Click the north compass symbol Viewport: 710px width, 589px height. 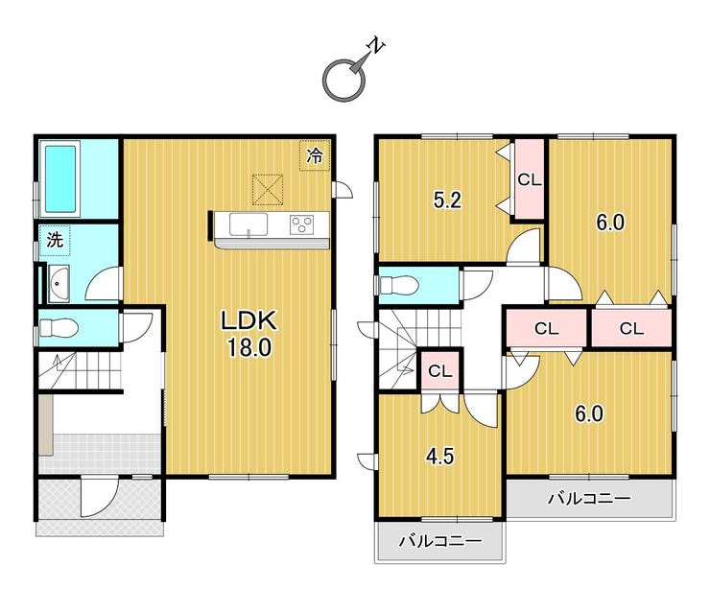coord(344,80)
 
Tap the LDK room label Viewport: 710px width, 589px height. coord(248,320)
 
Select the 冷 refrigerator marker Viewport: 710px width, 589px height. coord(315,155)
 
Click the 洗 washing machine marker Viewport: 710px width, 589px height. coord(55,240)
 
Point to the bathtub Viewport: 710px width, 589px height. coord(60,178)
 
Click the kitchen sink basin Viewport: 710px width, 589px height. coord(248,224)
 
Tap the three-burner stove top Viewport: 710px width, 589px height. coord(301,224)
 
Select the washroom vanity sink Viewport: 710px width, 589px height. coord(59,283)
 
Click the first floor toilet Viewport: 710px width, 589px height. coord(59,327)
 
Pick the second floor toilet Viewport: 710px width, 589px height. coord(399,285)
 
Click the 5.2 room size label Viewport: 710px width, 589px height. coord(447,200)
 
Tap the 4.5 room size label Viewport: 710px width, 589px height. coord(439,456)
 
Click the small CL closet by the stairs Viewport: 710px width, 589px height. coord(440,371)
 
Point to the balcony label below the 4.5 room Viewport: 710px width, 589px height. coord(439,541)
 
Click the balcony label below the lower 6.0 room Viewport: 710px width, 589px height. coord(589,499)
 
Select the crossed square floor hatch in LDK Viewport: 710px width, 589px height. coord(268,189)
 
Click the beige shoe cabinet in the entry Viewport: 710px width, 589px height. coord(46,425)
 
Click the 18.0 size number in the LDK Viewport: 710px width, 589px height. coord(249,348)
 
